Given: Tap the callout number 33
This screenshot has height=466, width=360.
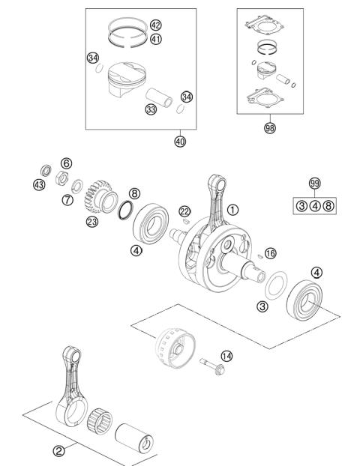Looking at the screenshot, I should pos(151,110).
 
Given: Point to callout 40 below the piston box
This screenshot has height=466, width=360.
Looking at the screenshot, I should pos(180,140).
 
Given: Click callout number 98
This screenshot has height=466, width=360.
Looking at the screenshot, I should pos(269,128).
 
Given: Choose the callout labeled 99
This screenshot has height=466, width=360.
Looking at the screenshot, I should pos(315,183).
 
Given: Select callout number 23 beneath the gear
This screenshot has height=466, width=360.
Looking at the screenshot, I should pos(93,221).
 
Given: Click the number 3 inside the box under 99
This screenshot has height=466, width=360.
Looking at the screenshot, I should pos(301,205).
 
